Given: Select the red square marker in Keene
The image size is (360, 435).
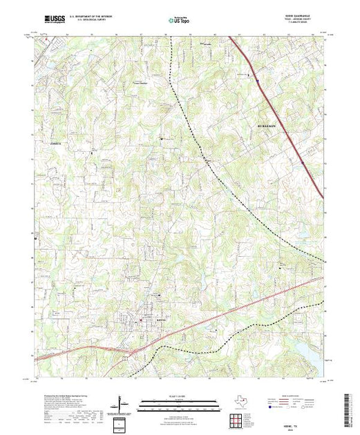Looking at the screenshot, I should point(142,320).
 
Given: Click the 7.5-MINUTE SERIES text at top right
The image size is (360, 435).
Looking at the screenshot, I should point(305,25).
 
